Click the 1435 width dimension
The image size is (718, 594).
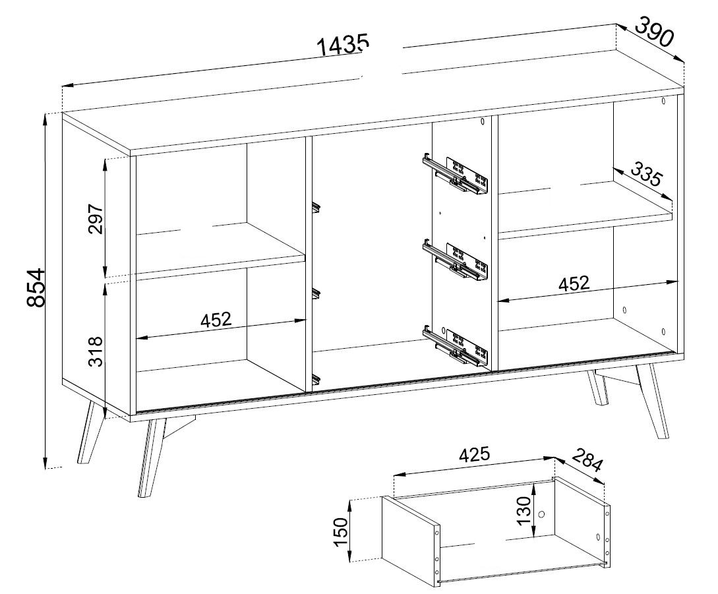click(x=343, y=45)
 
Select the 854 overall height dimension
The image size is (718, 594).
click(x=36, y=287)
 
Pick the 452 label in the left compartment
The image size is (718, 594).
click(x=216, y=319)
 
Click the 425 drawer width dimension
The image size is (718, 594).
click(x=475, y=454)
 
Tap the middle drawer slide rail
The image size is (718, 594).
click(x=456, y=260)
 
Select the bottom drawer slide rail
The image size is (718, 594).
click(x=456, y=345)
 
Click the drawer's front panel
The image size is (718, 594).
click(x=411, y=541)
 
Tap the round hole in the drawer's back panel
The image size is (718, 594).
click(x=542, y=514)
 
